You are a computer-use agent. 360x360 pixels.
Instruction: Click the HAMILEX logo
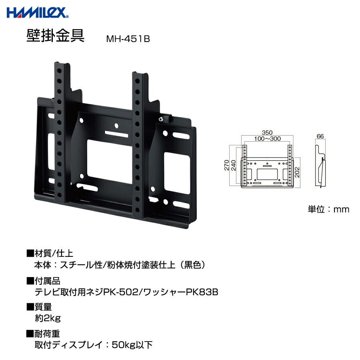[x=38, y=13]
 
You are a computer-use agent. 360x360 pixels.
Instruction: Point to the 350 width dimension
[x=268, y=132]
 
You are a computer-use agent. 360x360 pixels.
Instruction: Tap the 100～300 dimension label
[x=268, y=138]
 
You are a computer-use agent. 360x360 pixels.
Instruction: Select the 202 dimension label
[x=297, y=172]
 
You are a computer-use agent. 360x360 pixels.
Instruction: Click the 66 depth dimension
[x=320, y=136]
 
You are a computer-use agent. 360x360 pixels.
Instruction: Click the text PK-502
[x=120, y=292]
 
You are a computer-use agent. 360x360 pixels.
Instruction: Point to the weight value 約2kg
[x=48, y=318]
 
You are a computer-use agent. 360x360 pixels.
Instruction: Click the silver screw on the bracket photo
[x=161, y=119]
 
